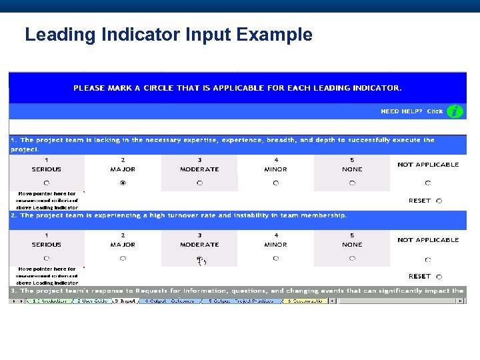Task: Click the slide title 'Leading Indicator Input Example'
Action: [168, 35]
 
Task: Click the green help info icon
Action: [455, 111]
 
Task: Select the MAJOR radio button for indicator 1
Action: [123, 183]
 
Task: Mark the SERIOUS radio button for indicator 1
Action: [46, 183]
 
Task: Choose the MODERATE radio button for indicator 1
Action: [199, 183]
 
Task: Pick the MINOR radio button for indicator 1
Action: [276, 183]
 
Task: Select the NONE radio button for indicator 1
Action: [352, 183]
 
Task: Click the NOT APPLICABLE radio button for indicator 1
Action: [428, 183]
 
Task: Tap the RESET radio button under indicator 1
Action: [439, 201]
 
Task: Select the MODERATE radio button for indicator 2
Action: [199, 258]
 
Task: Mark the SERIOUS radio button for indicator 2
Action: [46, 258]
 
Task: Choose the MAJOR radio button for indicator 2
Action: [123, 258]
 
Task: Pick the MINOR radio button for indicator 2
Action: [276, 258]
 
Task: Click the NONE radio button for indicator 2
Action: [352, 258]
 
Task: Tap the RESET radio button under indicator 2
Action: [439, 276]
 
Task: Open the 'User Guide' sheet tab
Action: [93, 301]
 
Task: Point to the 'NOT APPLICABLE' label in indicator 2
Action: [428, 240]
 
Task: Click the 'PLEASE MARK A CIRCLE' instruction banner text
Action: [237, 87]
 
